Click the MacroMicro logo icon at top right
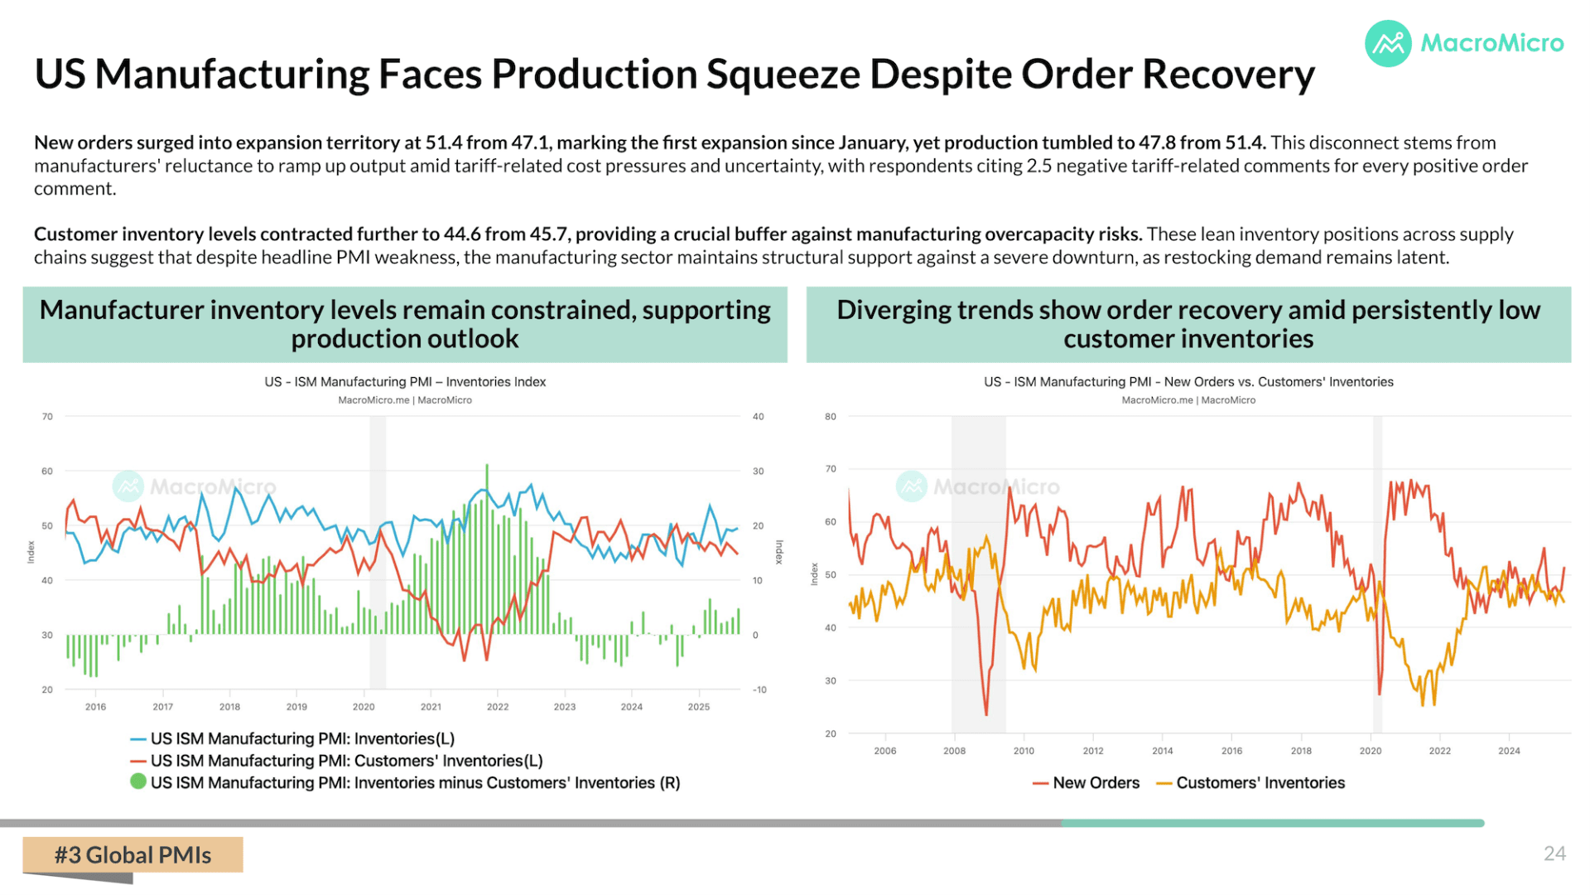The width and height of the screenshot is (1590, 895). [x=1388, y=43]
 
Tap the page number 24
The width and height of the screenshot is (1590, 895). [x=1554, y=854]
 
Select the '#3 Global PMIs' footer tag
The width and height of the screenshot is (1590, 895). [x=132, y=855]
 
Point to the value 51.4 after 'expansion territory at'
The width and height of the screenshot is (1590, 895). [x=444, y=143]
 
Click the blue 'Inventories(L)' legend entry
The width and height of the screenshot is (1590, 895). [x=292, y=738]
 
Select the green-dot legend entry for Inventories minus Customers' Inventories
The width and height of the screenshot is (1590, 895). [x=405, y=783]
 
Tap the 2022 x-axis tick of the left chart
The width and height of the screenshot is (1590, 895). [x=498, y=707]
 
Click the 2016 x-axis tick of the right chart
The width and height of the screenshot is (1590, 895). [x=1231, y=751]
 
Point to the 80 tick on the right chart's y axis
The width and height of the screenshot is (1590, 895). [x=831, y=417]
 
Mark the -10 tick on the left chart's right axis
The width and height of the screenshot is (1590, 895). [x=759, y=689]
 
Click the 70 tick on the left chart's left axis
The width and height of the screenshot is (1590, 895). [x=47, y=417]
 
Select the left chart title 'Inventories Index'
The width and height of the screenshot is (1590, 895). [x=496, y=382]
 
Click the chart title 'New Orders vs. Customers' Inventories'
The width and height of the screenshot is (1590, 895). [x=1279, y=382]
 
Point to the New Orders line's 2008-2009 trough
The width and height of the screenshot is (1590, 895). [x=986, y=714]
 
